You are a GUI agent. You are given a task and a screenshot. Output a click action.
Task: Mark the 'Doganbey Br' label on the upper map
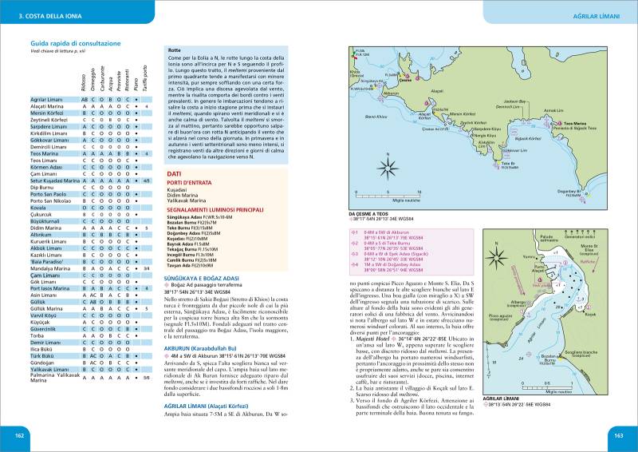597,192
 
